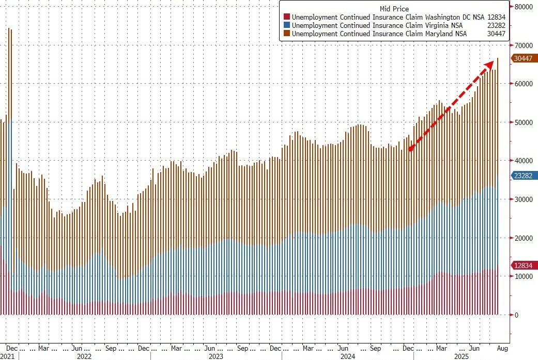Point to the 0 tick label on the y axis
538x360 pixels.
[x=516, y=315]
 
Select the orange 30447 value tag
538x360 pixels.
[x=524, y=58]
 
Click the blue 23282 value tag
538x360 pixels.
[x=524, y=176]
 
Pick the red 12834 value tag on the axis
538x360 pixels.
[x=524, y=265]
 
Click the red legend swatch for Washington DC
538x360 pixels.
[x=286, y=17]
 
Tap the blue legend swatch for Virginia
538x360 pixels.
[x=286, y=25]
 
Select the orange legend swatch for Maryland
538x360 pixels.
[x=286, y=34]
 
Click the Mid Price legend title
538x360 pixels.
[x=394, y=9]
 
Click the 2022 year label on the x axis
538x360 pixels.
[x=84, y=356]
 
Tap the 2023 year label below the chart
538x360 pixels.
[x=216, y=356]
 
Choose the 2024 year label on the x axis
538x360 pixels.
[x=348, y=356]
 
